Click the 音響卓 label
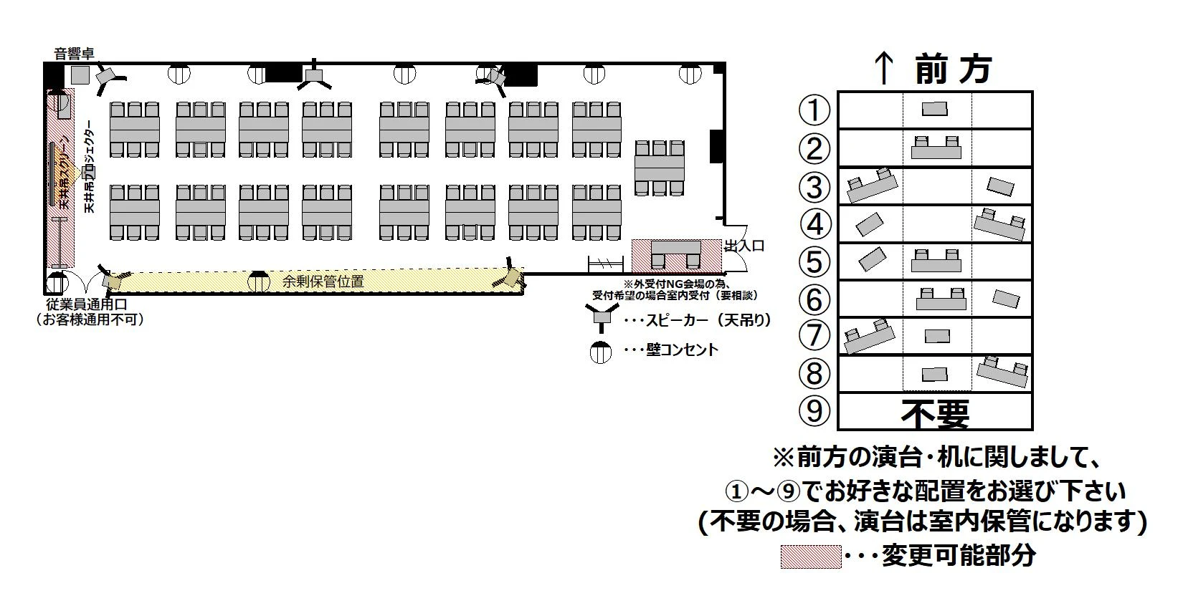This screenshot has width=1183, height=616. [x=75, y=53]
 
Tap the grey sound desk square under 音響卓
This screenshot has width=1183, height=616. [x=80, y=74]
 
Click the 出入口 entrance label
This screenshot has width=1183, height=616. [x=744, y=246]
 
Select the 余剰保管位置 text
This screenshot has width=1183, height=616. [x=323, y=281]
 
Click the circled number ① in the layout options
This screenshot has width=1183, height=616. [x=814, y=110]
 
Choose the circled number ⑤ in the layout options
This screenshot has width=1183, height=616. [x=814, y=261]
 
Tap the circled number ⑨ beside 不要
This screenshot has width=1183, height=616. [x=814, y=411]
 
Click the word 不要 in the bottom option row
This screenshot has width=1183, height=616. [x=935, y=413]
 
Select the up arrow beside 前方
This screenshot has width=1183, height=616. [x=884, y=69]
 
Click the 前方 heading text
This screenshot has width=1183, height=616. [x=953, y=69]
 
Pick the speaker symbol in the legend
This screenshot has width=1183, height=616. [x=600, y=317]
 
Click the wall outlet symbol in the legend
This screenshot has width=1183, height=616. [x=600, y=352]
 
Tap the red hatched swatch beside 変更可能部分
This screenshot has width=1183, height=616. [x=810, y=557]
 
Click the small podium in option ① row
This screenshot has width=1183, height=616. [x=934, y=109]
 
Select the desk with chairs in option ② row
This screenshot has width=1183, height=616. [x=936, y=148]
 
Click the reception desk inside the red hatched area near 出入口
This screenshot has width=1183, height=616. [x=675, y=256]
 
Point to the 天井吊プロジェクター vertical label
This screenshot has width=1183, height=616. [x=90, y=172]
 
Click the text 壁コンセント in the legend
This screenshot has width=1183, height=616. [x=681, y=350]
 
